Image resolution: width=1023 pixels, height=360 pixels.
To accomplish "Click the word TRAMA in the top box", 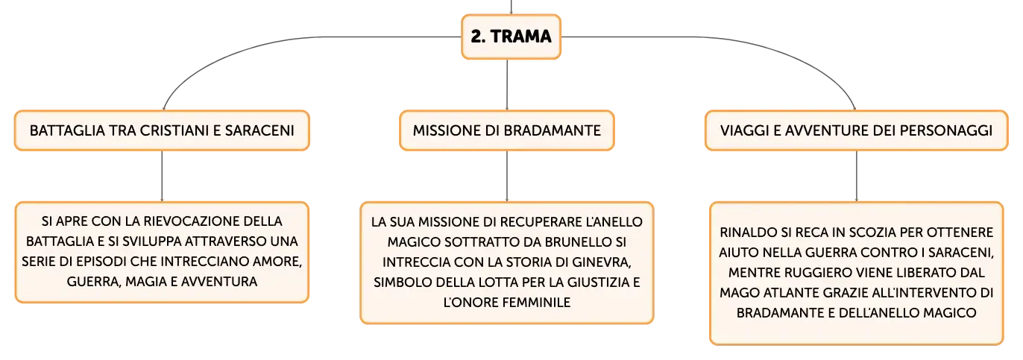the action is [521, 37].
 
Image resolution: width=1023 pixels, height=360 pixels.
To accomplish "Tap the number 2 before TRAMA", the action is [476, 37].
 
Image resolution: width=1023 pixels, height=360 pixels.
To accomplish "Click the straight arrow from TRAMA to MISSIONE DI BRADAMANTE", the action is [507, 85].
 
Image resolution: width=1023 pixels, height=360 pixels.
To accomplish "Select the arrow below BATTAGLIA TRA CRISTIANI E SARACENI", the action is [162, 176].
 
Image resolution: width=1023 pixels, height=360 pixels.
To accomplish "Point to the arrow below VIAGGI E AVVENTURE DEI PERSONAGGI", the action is [856, 176].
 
